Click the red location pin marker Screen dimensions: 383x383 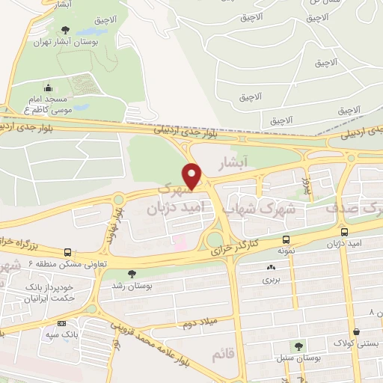click(x=194, y=176)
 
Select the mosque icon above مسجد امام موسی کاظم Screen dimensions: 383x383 click(x=49, y=88)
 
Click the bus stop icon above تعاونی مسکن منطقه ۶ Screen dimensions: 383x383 click(x=69, y=253)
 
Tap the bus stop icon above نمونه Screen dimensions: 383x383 click(x=286, y=240)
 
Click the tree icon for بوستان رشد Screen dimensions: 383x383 click(x=132, y=274)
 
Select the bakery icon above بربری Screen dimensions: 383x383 click(x=269, y=267)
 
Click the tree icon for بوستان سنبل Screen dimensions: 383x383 click(x=298, y=346)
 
